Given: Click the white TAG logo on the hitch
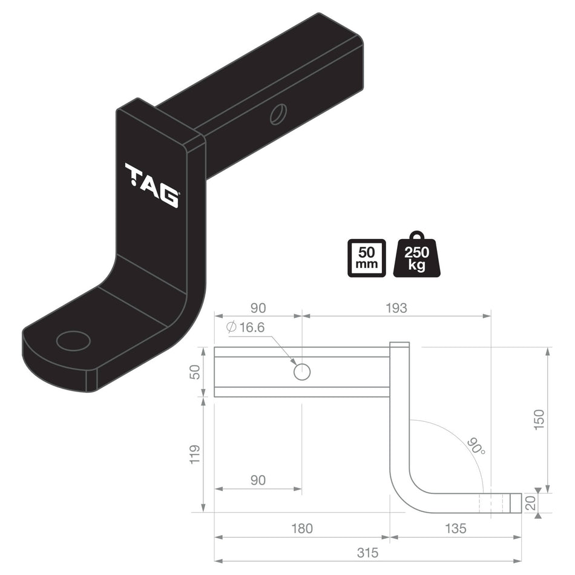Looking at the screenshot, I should [151, 185].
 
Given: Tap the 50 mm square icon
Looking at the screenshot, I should [366, 258].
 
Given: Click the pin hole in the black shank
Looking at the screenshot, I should [278, 114].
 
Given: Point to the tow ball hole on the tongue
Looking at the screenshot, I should [73, 341].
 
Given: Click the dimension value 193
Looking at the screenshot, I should [396, 308].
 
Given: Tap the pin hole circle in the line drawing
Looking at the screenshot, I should [301, 372].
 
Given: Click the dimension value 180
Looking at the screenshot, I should [301, 528].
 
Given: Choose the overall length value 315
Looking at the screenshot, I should [367, 553].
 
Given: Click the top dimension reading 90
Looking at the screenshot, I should [258, 308].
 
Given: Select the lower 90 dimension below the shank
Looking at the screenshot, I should [258, 480].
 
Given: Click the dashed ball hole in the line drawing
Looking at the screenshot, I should [491, 503].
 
